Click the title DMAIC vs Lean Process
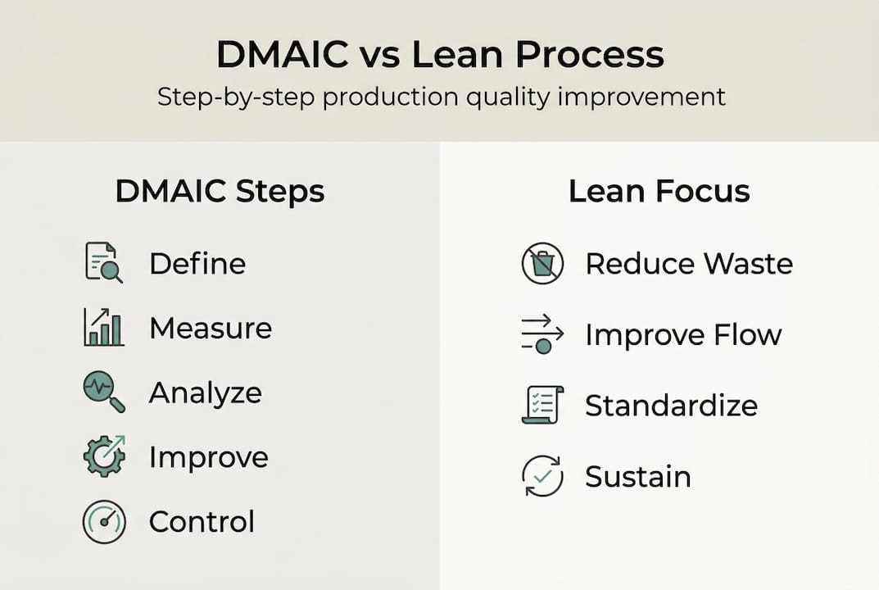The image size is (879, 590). pyautogui.click(x=440, y=55)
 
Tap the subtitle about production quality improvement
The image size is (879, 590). pyautogui.click(x=441, y=97)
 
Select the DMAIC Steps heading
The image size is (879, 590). pyautogui.click(x=220, y=192)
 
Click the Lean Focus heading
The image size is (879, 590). pyautogui.click(x=659, y=192)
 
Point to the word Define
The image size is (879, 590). pyautogui.click(x=197, y=264)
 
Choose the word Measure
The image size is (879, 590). pyautogui.click(x=210, y=329)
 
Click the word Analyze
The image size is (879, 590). pyautogui.click(x=205, y=393)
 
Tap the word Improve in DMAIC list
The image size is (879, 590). pyautogui.click(x=208, y=457)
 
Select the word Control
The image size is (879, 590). pyautogui.click(x=202, y=522)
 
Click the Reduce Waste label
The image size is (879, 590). pyautogui.click(x=688, y=264)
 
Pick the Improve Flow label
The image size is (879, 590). pyautogui.click(x=683, y=335)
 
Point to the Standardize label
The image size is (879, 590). pyautogui.click(x=671, y=406)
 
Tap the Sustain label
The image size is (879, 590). pyautogui.click(x=637, y=477)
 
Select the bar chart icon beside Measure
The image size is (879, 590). pyautogui.click(x=104, y=328)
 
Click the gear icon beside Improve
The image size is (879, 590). pyautogui.click(x=104, y=456)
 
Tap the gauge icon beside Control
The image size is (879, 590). pyautogui.click(x=104, y=522)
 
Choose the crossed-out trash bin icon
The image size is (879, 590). pyautogui.click(x=542, y=264)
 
